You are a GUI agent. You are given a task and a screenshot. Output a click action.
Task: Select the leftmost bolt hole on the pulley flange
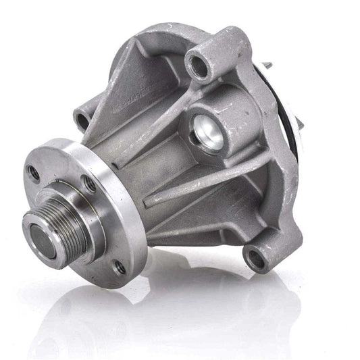coord(33,174)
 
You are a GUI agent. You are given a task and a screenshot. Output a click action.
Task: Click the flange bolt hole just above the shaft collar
coord(88,183)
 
